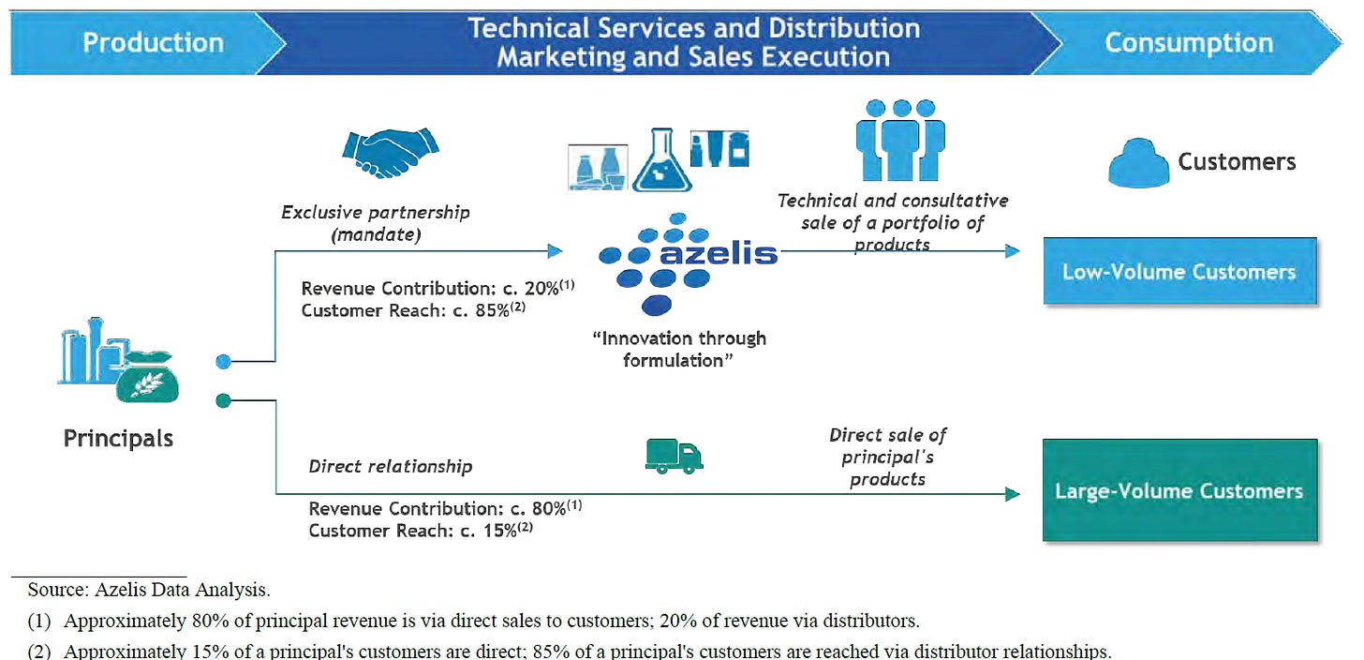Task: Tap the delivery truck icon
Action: click(674, 456)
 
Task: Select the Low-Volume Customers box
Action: click(1179, 272)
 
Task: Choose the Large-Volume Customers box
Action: click(1179, 490)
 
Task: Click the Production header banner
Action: click(153, 43)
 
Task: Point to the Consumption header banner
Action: click(1189, 43)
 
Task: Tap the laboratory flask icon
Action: click(661, 159)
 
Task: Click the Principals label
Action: click(118, 438)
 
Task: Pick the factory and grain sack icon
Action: click(118, 366)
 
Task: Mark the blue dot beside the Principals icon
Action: click(223, 361)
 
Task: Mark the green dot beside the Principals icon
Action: click(223, 401)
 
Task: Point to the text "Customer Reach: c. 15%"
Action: click(415, 530)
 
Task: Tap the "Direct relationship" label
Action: click(391, 466)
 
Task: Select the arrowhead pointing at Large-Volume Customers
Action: click(1012, 494)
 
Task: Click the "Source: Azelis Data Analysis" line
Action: click(150, 591)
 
